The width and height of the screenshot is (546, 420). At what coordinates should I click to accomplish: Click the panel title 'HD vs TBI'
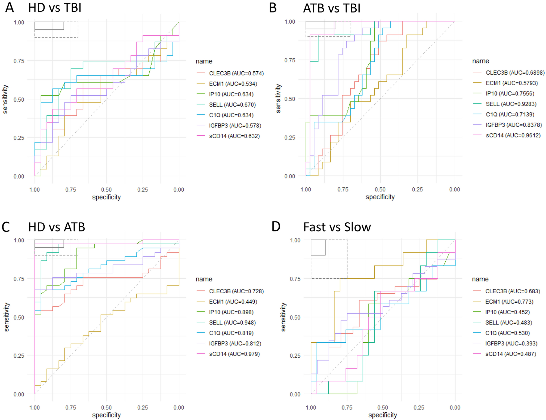[x=55, y=7]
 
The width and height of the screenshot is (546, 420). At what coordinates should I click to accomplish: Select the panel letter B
[x=273, y=8]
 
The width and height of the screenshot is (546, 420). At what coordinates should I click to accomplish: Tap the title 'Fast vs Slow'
[x=337, y=227]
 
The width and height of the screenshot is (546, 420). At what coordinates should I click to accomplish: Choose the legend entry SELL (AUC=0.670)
[x=232, y=105]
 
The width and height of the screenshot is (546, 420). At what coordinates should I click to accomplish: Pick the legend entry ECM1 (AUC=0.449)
[x=233, y=302]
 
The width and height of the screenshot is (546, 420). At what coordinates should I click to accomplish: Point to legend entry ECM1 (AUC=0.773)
[x=509, y=302]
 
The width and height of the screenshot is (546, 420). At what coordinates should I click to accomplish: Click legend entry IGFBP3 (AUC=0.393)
[x=511, y=343]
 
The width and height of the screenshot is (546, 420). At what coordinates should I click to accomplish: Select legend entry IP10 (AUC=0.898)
[x=231, y=312]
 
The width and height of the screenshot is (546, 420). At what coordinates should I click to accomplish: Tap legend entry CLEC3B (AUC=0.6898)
[x=515, y=73]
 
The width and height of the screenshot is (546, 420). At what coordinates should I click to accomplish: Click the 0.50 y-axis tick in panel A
[x=19, y=99]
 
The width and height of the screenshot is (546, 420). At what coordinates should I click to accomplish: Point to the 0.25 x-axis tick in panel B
[x=417, y=189]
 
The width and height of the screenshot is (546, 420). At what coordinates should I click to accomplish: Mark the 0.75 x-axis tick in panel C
[x=71, y=407]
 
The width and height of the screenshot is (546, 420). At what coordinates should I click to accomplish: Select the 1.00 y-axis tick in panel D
[x=295, y=240]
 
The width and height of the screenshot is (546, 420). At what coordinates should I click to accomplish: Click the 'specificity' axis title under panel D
[x=382, y=415]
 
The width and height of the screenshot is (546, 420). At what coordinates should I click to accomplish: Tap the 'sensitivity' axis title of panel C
[x=7, y=317]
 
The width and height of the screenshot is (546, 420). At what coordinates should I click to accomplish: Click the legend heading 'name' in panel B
[x=480, y=61]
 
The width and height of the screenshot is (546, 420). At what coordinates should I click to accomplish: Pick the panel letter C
[x=6, y=227]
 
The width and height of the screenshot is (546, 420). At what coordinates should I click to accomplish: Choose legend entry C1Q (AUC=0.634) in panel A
[x=231, y=115]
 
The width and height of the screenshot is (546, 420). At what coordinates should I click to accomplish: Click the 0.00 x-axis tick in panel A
[x=179, y=190]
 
